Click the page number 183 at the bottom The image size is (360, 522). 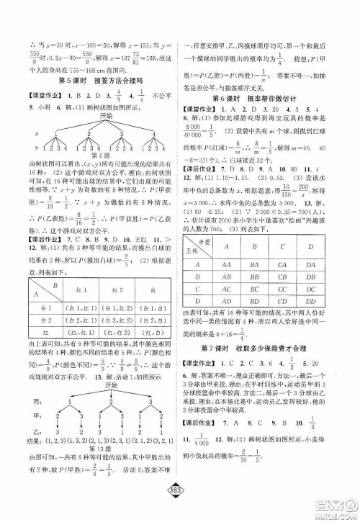coord(179,504)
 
